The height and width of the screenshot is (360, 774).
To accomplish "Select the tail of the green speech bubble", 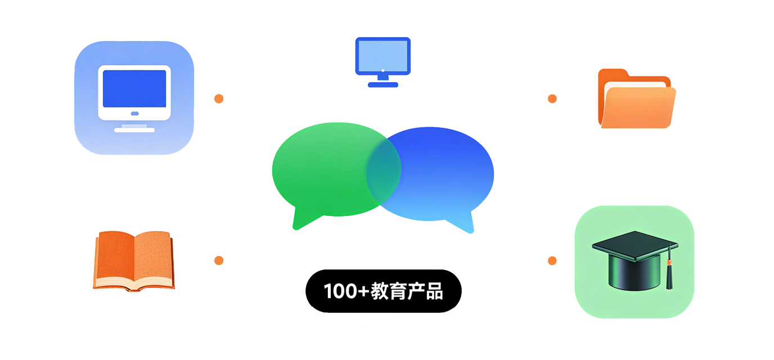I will coord(300,220).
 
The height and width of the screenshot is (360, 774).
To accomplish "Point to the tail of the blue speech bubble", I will coord(465,224).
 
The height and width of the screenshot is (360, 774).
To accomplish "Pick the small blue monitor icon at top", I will coord(382,56).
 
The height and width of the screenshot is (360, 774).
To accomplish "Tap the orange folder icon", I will coord(636,100).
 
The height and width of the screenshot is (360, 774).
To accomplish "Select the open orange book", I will coord(134,260).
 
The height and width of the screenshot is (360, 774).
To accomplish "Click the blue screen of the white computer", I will coord(134,89).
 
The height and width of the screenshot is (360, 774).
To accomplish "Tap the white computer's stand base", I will coord(134,130).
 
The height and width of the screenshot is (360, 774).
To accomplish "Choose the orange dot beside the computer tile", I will coord(219,99).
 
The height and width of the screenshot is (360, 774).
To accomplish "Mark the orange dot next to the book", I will coord(219,260).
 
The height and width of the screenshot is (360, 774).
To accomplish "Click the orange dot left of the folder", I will coord(552,99).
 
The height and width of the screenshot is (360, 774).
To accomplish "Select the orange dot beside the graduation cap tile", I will coord(552,260).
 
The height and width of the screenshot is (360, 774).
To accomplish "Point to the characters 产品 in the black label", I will coord(426,291).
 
